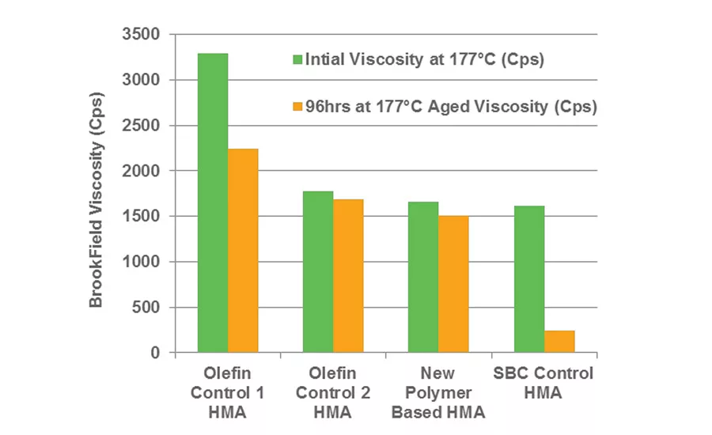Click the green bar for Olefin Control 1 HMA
click(213, 202)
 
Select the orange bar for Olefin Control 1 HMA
click(243, 250)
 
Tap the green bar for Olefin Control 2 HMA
click(318, 271)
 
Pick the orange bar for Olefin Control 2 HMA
click(348, 275)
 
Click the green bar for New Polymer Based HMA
click(423, 277)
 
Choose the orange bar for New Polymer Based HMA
click(453, 284)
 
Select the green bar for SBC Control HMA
click(528, 279)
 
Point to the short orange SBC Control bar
click(559, 342)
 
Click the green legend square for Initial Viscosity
click(297, 60)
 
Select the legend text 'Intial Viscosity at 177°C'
click(425, 60)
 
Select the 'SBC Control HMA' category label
click(543, 383)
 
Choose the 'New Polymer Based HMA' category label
click(438, 392)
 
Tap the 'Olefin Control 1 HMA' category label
click(229, 392)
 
